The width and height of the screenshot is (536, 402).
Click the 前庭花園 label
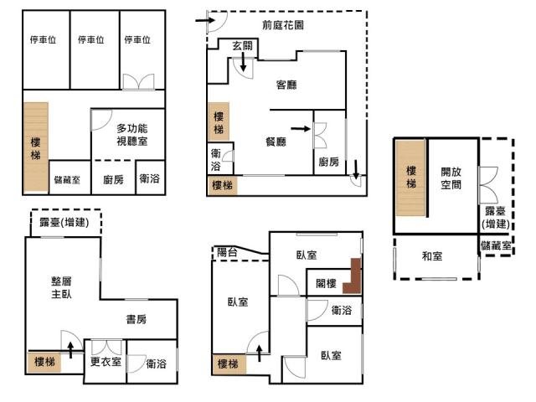pos(283,25)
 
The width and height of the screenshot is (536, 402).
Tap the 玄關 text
pos(242,45)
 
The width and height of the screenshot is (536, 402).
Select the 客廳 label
pos(286,85)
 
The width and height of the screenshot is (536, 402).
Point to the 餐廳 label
pos(276,142)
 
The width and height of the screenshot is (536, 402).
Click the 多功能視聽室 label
pos(132,135)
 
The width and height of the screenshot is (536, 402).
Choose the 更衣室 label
pos(106,362)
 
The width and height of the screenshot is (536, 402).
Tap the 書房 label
pos(137,319)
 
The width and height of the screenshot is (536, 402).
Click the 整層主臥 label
pos(61,287)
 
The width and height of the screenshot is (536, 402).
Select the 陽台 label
pos(227,252)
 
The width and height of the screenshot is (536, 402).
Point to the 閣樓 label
pos(326,283)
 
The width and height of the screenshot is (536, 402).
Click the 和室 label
pos(432,256)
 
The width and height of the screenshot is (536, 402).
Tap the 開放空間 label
pos(451,178)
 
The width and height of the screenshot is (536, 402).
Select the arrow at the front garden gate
pos(205,20)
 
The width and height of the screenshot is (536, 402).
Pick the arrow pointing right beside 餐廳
pos(301,129)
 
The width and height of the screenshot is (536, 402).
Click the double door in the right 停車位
pos(139,82)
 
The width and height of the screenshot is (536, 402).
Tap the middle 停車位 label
pos(91,39)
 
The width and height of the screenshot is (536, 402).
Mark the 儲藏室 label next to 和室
pos(496,245)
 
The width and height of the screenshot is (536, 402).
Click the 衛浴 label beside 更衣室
pos(157,363)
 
